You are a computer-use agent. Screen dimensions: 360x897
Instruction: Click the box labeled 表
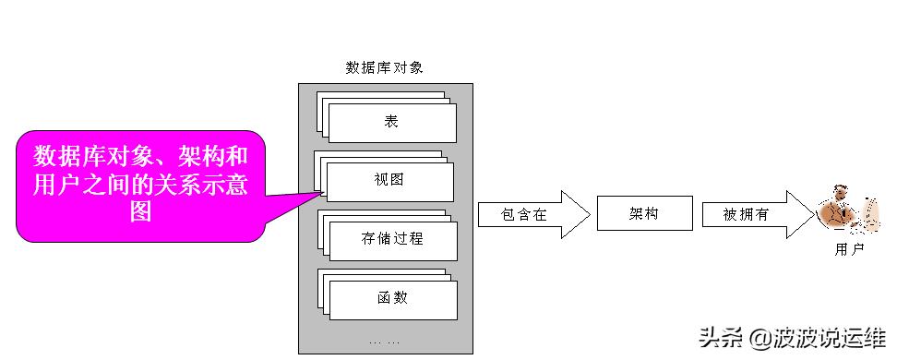391,121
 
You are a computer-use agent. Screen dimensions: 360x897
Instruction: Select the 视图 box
390,181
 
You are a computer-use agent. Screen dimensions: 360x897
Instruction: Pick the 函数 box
392,298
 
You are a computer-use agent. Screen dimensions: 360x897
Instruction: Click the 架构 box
643,214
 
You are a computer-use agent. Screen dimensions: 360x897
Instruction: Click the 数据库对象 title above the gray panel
384,67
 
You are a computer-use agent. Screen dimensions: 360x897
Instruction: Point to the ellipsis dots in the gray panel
385,342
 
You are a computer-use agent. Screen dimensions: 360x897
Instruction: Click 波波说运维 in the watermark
826,338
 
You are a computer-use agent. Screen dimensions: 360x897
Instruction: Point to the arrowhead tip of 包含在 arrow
587,215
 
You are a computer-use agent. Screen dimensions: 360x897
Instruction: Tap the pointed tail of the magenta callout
318,193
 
